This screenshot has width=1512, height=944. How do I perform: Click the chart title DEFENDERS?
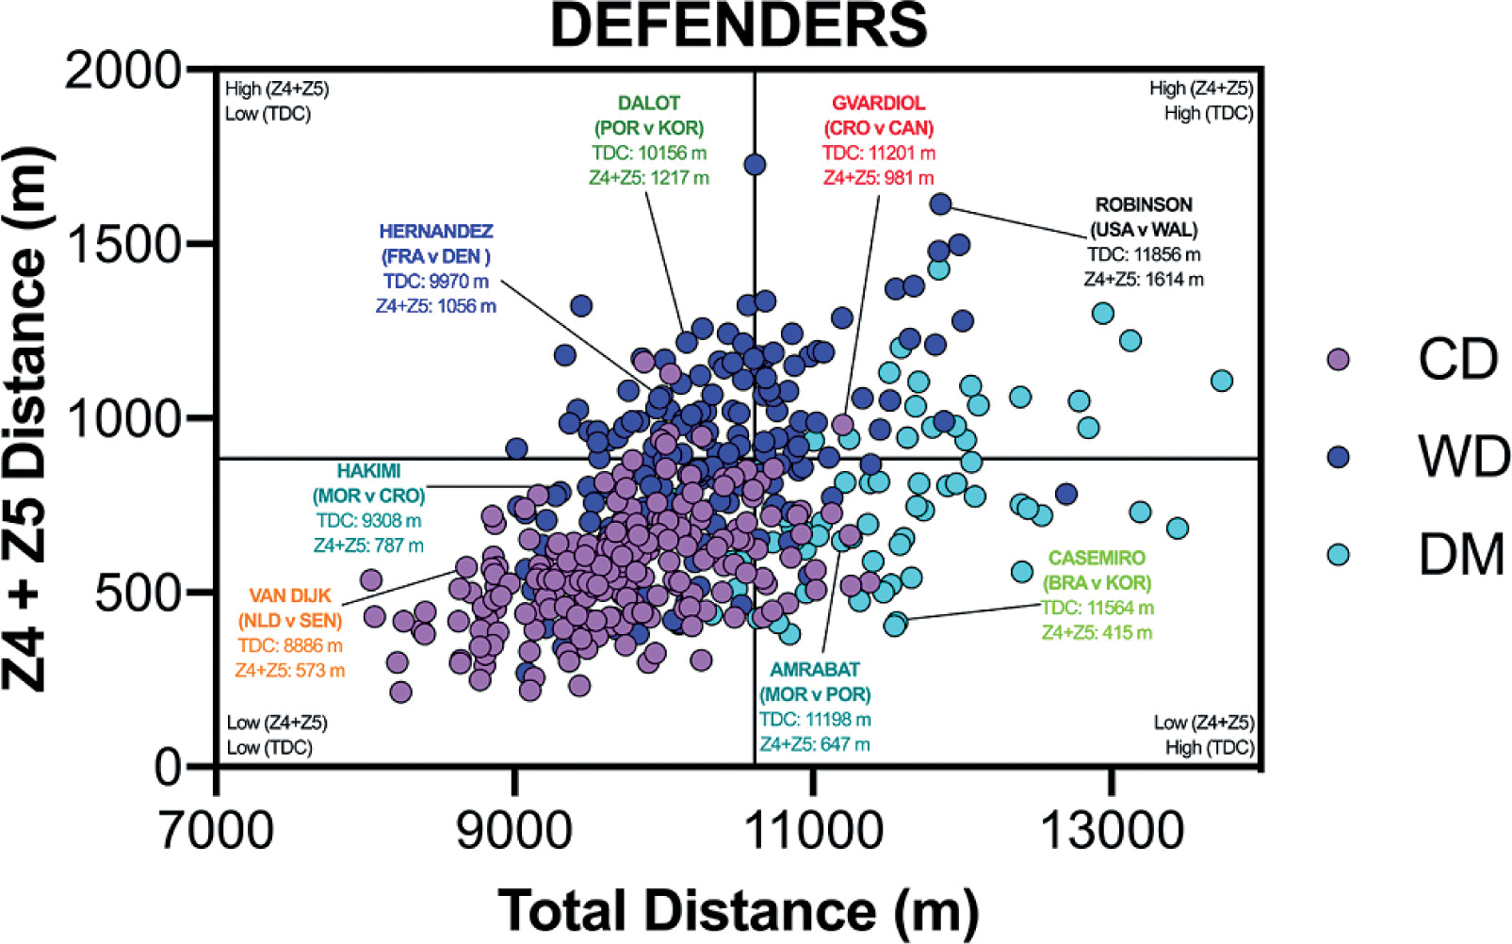(739, 26)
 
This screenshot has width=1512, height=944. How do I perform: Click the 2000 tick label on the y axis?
(122, 71)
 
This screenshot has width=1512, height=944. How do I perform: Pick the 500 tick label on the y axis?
(138, 594)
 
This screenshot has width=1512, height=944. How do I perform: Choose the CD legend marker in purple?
(1337, 359)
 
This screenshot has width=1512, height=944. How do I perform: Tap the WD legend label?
(1463, 457)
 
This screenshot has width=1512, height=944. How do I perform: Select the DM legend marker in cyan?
(1337, 554)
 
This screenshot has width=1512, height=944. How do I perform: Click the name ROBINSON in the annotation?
(1143, 204)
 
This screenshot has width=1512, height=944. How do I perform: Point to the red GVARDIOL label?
(878, 103)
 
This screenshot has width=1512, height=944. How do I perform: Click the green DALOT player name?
(648, 103)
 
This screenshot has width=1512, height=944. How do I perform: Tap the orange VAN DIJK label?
(290, 595)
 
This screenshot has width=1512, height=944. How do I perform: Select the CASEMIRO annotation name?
(1097, 558)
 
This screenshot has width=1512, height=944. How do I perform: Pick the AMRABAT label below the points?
(815, 669)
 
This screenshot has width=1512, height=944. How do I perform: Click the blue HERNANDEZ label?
(435, 231)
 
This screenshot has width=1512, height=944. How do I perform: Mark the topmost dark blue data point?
(755, 165)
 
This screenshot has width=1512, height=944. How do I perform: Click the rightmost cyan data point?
(1222, 381)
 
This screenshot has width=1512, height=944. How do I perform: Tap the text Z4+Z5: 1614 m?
(1143, 279)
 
